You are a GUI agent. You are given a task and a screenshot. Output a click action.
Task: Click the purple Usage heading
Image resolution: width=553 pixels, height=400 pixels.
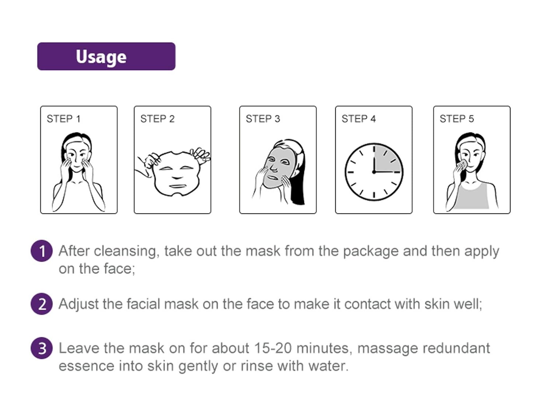click(107, 56)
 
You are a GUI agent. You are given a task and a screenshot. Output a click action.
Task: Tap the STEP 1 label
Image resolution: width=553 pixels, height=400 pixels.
click(64, 119)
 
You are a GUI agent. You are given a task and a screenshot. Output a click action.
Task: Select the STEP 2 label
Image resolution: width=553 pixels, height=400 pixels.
click(157, 119)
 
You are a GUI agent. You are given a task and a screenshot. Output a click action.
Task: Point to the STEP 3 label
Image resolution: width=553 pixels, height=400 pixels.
click(263, 119)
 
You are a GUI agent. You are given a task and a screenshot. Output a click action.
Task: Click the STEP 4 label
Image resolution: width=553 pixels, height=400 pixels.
click(359, 119)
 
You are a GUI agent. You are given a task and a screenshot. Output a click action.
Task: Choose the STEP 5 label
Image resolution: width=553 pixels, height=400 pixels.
click(457, 119)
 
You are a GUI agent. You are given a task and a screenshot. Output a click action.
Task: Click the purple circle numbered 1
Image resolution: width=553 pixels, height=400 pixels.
click(41, 251)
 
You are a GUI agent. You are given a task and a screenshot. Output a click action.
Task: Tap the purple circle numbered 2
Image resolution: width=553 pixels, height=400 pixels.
click(41, 304)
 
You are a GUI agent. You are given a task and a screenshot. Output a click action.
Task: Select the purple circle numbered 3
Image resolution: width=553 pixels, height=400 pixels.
click(41, 348)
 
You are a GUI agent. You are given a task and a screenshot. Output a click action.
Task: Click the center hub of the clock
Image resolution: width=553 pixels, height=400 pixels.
click(374, 172)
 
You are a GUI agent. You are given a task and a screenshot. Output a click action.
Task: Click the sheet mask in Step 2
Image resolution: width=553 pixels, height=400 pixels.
click(177, 174)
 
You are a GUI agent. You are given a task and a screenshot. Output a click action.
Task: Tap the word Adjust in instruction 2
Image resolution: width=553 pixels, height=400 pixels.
click(79, 304)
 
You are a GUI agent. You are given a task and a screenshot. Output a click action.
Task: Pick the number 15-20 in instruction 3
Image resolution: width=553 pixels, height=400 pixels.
click(273, 348)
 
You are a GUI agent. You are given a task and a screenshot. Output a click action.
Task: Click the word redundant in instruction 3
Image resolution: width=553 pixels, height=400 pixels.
click(456, 348)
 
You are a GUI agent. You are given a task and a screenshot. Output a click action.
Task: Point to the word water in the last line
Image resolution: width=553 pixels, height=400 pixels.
click(328, 366)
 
